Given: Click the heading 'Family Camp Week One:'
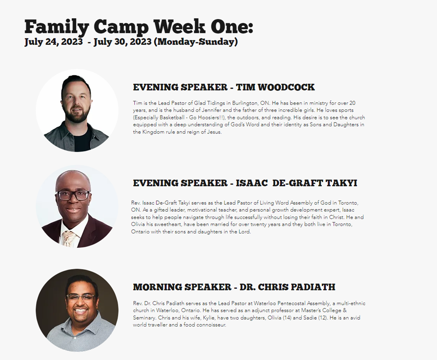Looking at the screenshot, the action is click(x=139, y=27).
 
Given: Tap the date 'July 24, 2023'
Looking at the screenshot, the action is click(x=53, y=42).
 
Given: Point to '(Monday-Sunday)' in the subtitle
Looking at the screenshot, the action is click(x=196, y=42).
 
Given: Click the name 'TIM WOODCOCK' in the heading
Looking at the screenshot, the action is click(x=275, y=87).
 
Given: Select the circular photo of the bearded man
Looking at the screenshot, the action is click(x=77, y=110).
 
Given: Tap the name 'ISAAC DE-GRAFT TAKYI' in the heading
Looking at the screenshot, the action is click(x=296, y=183).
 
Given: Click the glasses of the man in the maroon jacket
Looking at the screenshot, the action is click(x=73, y=195).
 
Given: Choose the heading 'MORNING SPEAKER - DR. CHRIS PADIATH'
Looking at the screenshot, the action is click(x=234, y=287).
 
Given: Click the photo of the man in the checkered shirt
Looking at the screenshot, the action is click(x=77, y=310).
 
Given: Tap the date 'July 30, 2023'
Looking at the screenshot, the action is click(x=122, y=42).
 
